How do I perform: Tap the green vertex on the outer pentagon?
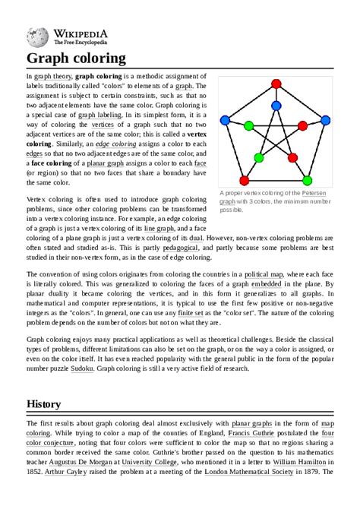(x=307, y=180)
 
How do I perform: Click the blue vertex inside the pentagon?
(x=276, y=106)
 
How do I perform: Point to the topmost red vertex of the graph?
(x=276, y=84)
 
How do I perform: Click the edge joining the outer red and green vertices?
(x=276, y=180)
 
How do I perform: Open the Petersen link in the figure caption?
(x=314, y=193)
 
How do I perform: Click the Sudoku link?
(x=82, y=368)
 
